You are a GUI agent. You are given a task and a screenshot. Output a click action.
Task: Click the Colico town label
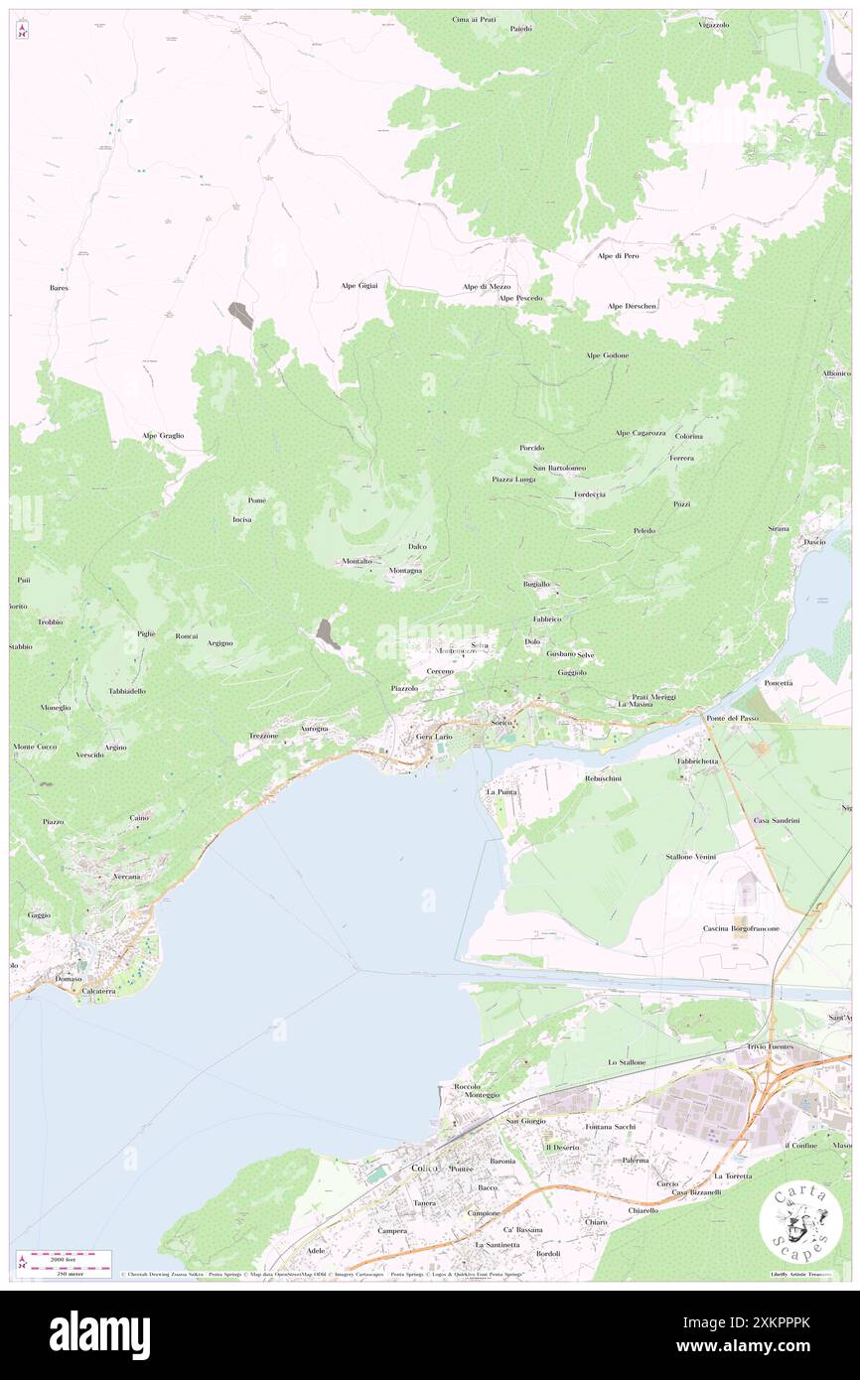coord(425,1169)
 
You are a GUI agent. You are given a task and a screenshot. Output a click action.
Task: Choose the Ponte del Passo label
coord(732,718)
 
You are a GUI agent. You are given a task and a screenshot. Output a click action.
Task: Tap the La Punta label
coord(502,792)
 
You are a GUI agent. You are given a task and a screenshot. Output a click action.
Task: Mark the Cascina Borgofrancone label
coord(740,928)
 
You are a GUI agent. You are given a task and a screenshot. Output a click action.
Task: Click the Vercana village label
coord(126,878)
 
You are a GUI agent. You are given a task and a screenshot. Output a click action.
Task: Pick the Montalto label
coord(358,562)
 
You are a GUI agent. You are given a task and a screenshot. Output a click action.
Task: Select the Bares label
coord(59,288)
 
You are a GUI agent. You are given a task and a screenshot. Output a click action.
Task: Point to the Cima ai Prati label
coord(474,19)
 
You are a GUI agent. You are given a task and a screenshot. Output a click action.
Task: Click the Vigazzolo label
coord(713,25)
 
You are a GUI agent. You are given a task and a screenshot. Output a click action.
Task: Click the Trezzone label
coord(263,736)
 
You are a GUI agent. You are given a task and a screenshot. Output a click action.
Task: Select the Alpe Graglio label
coord(163,435)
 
